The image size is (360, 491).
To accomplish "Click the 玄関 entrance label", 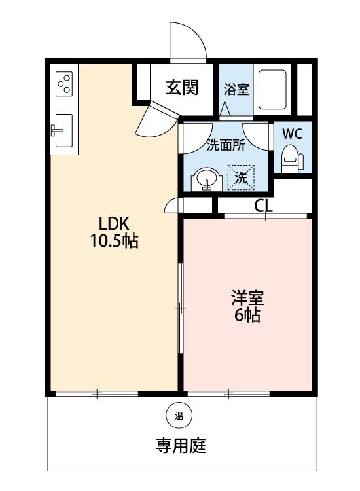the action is (182, 87).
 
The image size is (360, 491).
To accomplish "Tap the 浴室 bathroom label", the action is (236, 89).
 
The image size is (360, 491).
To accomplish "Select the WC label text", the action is (292, 134).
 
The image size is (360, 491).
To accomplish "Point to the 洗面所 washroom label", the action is (226, 145).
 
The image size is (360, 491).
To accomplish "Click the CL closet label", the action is (263, 206).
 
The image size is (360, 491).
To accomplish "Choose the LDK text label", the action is (114, 224).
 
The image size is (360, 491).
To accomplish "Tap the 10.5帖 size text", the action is (115, 241).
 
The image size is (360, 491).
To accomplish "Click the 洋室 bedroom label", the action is (247, 298).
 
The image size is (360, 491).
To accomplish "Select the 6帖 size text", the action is (247, 315).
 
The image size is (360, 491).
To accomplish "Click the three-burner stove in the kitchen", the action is (64, 84).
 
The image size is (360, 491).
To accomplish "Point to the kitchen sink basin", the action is (64, 130).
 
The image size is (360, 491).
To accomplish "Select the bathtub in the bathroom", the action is (272, 90).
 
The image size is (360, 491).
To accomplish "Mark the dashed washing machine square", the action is (241, 177).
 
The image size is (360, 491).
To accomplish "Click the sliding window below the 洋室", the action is (229, 393).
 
